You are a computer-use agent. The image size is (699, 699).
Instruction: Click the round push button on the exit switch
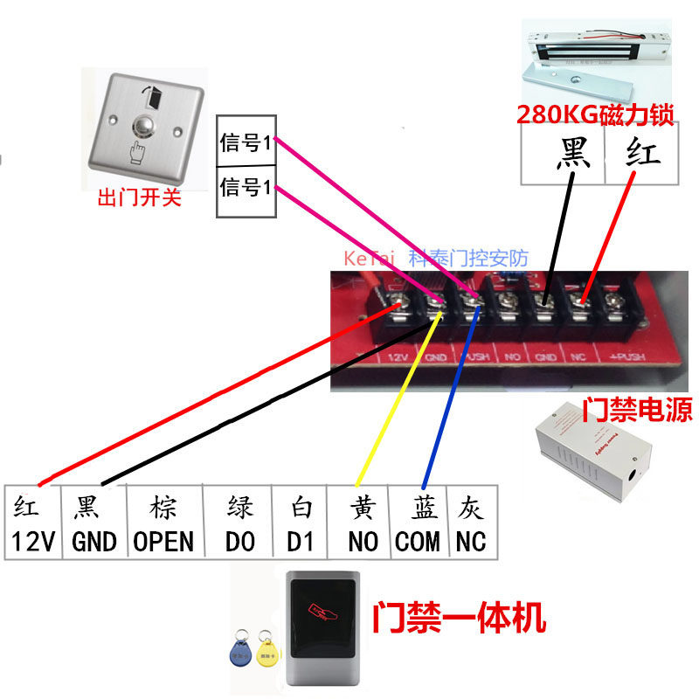(141, 132)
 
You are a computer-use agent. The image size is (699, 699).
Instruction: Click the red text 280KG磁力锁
(594, 114)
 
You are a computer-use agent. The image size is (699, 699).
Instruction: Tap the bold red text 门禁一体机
(460, 619)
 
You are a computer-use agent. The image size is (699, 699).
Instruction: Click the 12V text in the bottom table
(34, 542)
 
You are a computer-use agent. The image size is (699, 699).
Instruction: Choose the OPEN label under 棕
(163, 542)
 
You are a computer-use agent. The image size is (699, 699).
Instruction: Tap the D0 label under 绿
(239, 542)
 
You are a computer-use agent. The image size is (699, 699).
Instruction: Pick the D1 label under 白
(300, 542)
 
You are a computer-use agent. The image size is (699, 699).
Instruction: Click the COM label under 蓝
(417, 542)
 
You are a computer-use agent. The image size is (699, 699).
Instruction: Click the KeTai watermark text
(370, 260)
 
